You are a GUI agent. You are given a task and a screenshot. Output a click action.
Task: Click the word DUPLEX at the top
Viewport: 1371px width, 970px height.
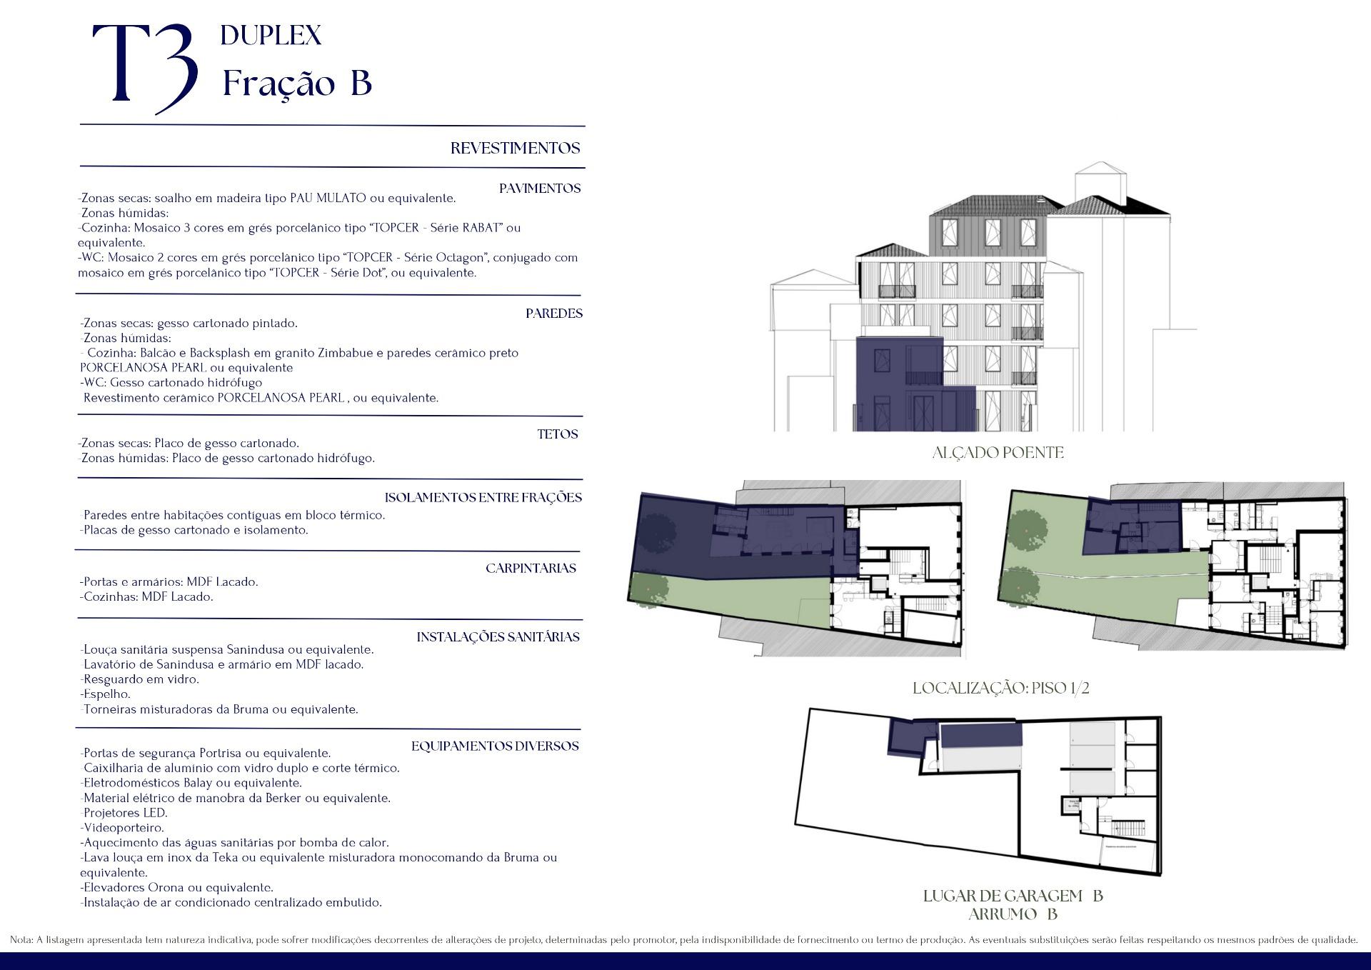point(271,35)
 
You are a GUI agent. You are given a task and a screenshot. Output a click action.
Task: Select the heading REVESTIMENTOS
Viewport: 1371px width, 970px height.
point(515,149)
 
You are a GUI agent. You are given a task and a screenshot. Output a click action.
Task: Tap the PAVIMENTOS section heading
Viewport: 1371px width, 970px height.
point(540,189)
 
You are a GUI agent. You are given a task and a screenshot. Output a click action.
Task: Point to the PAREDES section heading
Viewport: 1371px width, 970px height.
point(554,314)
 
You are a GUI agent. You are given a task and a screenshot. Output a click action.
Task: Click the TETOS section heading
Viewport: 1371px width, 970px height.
point(558,434)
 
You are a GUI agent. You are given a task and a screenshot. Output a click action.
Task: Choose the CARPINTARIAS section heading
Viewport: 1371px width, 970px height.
point(531,569)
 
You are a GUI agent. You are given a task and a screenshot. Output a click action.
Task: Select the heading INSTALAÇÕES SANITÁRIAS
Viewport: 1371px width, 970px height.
point(498,637)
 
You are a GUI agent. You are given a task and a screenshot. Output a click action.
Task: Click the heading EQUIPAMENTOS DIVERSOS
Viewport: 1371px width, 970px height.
point(495,746)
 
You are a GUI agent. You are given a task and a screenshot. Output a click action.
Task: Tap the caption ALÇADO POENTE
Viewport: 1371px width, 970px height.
point(998,453)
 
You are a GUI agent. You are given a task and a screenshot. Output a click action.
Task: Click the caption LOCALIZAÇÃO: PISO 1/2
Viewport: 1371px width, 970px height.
point(1001,689)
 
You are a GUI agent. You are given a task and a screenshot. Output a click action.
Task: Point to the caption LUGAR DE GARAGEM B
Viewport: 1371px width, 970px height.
point(1013,896)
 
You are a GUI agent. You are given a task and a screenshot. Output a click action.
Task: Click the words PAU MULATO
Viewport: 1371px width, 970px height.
point(328,198)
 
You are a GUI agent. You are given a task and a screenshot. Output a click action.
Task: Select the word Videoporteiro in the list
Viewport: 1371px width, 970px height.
point(124,828)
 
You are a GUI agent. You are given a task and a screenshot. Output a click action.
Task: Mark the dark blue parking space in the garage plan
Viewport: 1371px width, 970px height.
point(981,735)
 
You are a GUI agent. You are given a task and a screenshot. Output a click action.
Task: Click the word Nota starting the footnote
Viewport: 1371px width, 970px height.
point(21,940)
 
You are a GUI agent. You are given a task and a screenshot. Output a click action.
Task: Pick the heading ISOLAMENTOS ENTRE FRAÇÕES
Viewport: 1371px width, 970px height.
point(483,498)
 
